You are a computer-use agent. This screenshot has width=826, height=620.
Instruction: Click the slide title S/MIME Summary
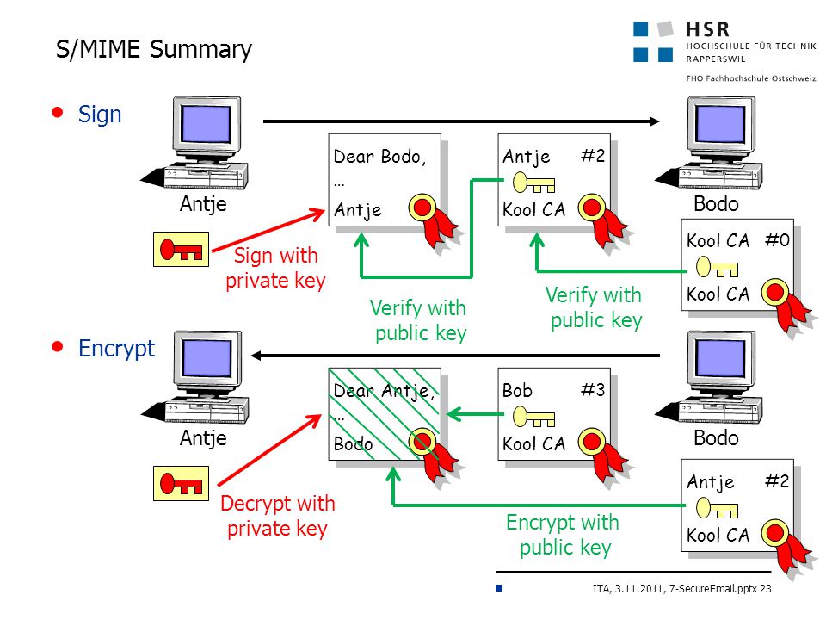pos(154,50)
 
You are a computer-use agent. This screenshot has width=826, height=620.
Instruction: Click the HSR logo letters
pos(708,29)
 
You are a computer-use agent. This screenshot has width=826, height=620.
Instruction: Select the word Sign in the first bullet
pos(100,115)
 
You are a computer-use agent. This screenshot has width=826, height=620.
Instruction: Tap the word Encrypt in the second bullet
pos(116,349)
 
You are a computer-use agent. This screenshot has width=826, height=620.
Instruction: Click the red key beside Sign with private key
pos(181,249)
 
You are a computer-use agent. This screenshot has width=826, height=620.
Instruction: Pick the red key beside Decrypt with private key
pos(181,483)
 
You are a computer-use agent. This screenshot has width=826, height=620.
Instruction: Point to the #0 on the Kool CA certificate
pos(777,240)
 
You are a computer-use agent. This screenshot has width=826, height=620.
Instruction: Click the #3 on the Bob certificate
pos(593,389)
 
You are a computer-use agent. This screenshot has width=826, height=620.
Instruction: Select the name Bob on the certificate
pos(517,391)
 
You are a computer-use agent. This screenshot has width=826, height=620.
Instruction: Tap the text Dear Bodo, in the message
pos(379,157)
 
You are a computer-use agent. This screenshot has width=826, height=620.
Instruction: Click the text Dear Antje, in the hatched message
pos(384,391)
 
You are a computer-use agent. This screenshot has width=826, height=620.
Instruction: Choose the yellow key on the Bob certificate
pos(533,417)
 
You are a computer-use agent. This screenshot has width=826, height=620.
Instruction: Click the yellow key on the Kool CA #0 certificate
pos(717,267)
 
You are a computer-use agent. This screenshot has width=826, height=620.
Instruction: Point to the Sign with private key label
pos(275,269)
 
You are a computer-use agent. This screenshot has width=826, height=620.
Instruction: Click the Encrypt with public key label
pos(563,535)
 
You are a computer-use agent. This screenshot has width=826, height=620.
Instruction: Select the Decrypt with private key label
pos(278,516)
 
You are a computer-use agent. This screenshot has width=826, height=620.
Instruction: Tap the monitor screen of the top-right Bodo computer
pos(719,123)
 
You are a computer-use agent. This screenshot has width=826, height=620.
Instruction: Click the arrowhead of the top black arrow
pos(654,121)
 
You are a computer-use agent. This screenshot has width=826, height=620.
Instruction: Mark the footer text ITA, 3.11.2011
pos(628,589)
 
